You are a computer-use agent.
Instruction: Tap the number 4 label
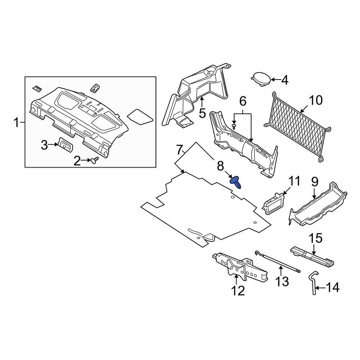point(285,80)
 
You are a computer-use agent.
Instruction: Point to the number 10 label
point(316,100)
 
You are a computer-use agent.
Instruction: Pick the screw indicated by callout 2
point(95,161)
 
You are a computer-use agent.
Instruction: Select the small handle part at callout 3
point(65,145)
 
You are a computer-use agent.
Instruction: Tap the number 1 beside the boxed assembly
point(16,123)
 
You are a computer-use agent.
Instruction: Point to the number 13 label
point(282,281)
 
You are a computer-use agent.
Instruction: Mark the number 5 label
point(202,113)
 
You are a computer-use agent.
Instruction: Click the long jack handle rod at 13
point(277,264)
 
